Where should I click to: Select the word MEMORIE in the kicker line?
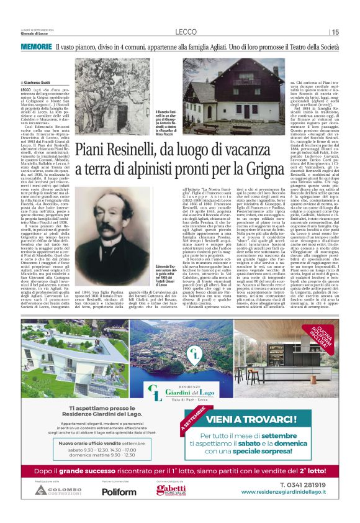click(36, 47)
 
